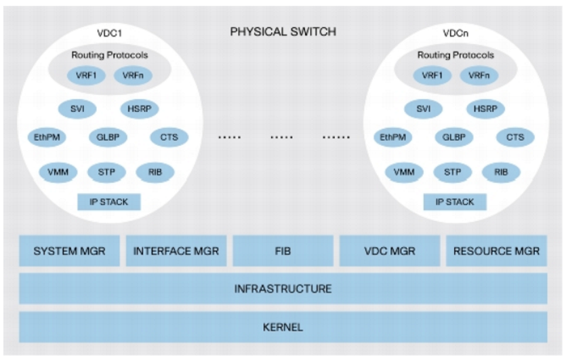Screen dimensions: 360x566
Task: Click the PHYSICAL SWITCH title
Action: [283, 32]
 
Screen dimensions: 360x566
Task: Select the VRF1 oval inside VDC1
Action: [86, 75]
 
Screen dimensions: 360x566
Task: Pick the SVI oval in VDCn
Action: [424, 108]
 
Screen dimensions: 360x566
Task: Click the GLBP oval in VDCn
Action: [453, 137]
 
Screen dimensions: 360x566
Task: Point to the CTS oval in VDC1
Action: [169, 137]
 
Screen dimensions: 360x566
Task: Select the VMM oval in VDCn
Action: [404, 172]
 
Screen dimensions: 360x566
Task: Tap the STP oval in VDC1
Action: [107, 172]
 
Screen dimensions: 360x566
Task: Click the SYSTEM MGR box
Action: [69, 251]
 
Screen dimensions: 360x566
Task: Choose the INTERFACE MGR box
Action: [176, 251]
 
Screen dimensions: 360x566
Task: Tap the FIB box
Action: [282, 251]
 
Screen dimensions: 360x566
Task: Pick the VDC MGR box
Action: [388, 251]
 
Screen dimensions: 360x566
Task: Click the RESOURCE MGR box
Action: [496, 251]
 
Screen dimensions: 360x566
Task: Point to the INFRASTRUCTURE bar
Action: [283, 289]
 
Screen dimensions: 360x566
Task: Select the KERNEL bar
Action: [283, 327]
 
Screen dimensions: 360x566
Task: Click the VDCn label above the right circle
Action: [456, 32]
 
